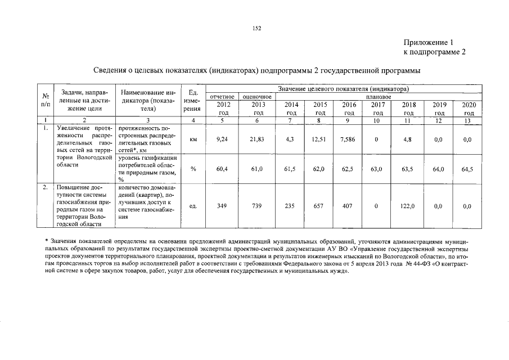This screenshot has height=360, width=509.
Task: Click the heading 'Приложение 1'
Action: (428, 42)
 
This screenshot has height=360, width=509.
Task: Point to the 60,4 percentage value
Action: (223, 169)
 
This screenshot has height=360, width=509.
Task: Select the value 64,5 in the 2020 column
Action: (467, 169)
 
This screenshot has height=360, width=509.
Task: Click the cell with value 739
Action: (258, 206)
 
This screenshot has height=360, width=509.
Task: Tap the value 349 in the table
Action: (223, 206)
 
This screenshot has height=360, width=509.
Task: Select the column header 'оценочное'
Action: (257, 97)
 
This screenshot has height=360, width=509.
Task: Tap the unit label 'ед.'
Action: (193, 206)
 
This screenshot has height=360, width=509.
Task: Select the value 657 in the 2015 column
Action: (320, 206)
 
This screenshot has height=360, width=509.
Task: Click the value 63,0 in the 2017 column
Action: (379, 169)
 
